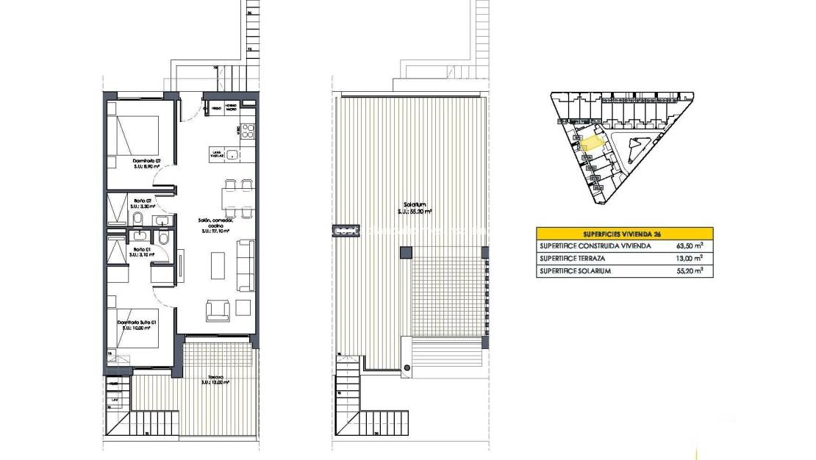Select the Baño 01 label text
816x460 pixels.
(x=142, y=251)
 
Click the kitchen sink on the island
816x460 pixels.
(x=232, y=154)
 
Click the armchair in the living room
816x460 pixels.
(x=218, y=311)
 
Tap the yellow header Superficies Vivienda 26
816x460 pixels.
(x=624, y=233)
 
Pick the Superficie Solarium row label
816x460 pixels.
(x=575, y=270)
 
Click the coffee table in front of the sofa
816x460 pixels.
(x=218, y=265)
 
